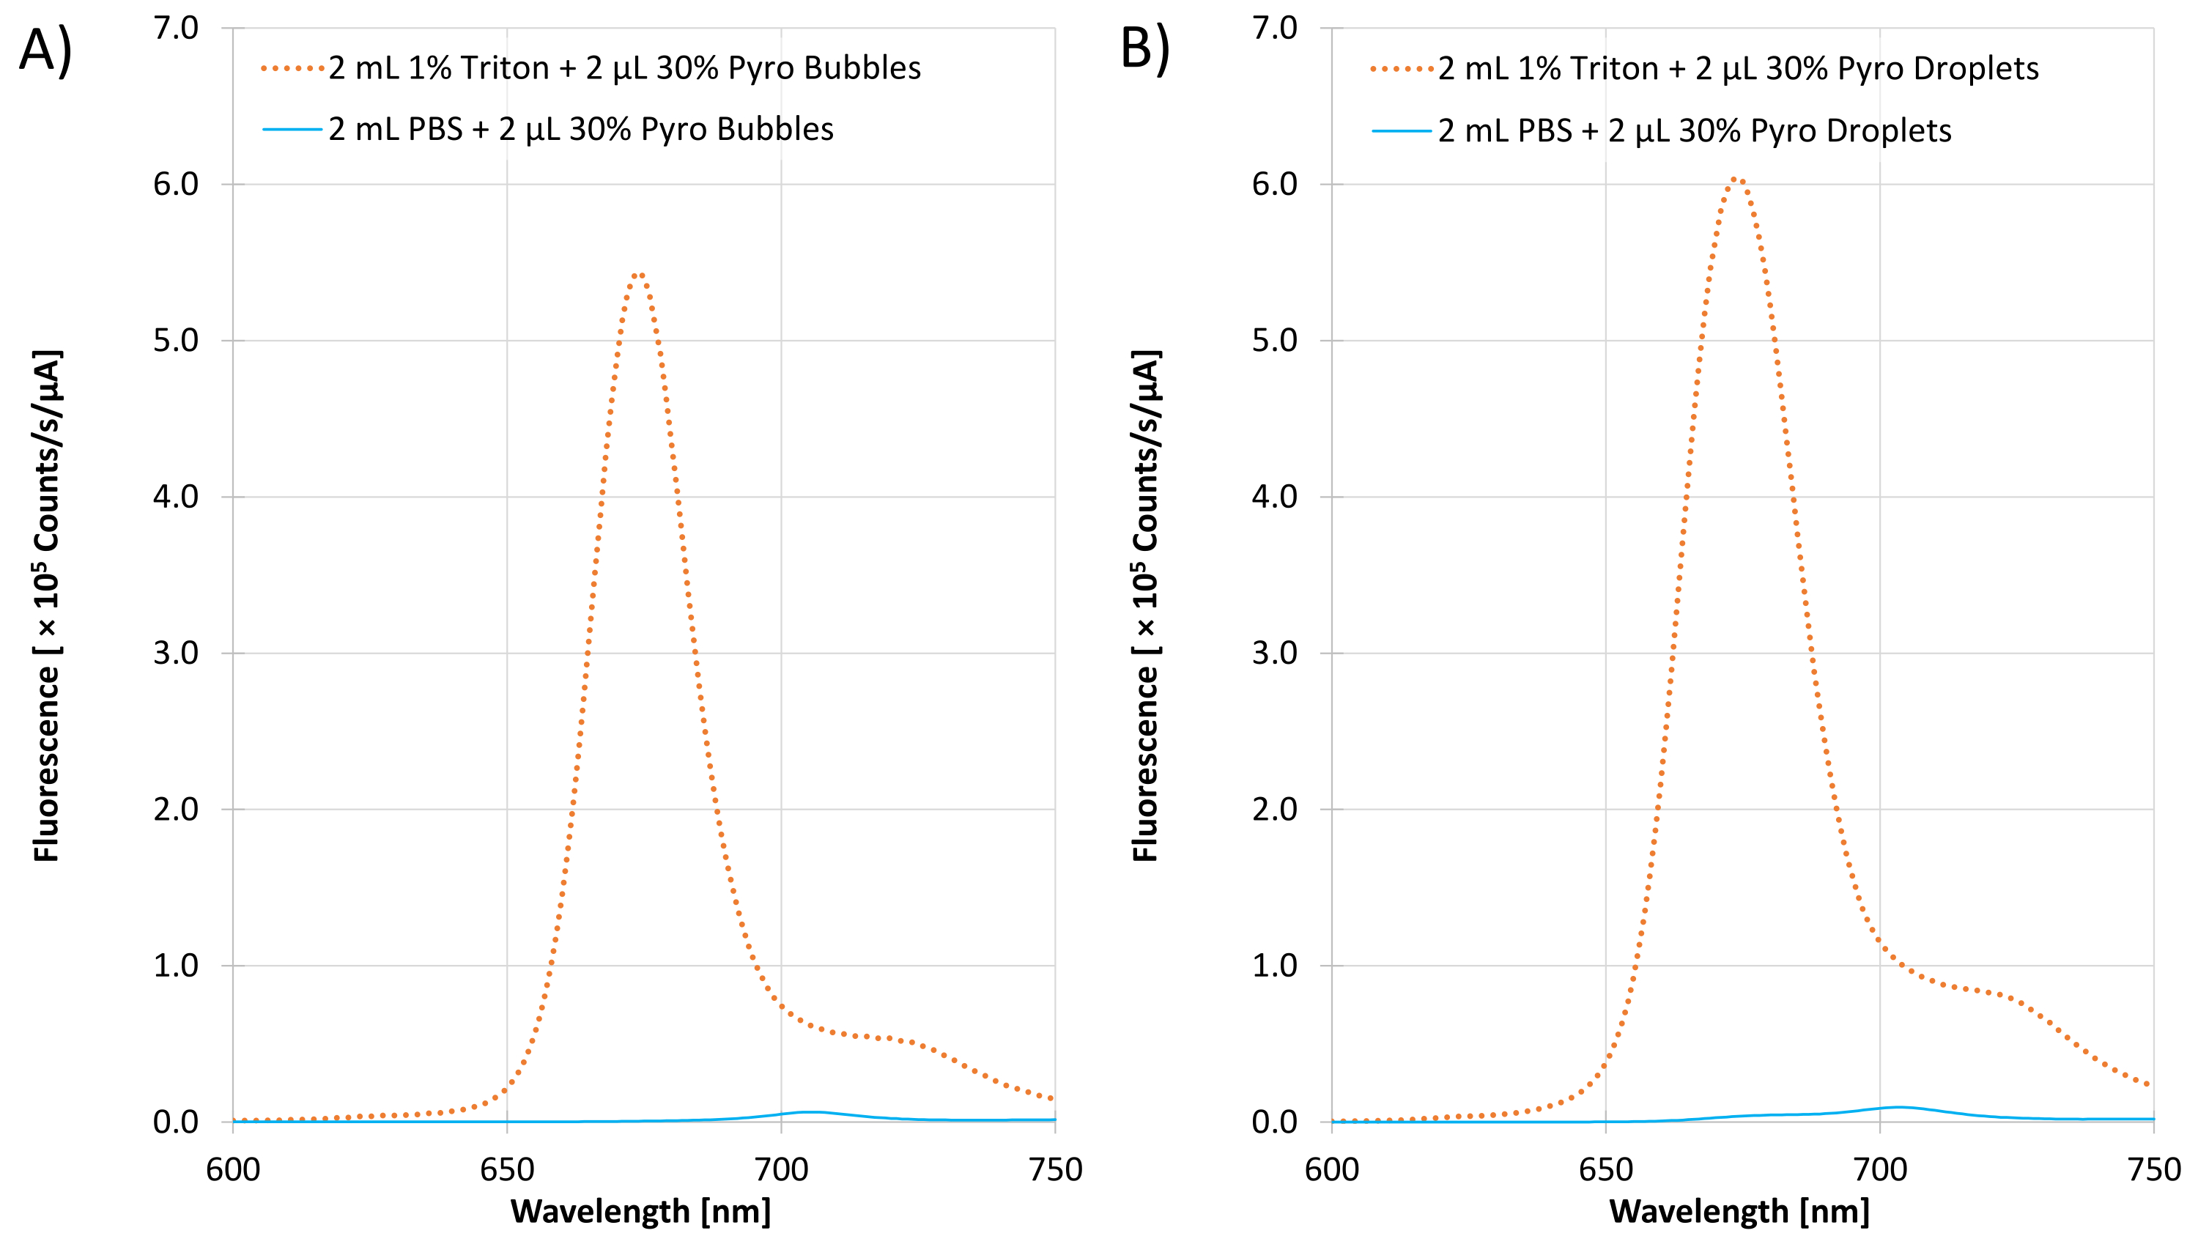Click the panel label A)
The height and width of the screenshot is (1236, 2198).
(x=46, y=51)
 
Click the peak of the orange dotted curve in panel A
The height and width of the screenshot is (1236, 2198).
(x=639, y=275)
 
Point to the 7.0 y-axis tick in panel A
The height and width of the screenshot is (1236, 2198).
(x=176, y=28)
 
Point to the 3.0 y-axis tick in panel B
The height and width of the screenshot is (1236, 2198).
(x=1275, y=654)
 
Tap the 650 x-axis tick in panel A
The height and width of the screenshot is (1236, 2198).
(x=507, y=1169)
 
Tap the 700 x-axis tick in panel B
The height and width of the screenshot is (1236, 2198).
(x=1881, y=1169)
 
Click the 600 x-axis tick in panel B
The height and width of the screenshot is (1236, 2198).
(x=1332, y=1169)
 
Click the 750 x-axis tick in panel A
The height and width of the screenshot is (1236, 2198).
(x=1056, y=1169)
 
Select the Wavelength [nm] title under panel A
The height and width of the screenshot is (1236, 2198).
(x=641, y=1211)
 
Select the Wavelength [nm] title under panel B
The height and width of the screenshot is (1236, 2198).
(x=1740, y=1211)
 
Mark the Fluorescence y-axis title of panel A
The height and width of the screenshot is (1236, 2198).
(x=47, y=606)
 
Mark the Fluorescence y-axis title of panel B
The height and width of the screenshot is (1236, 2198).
(x=1146, y=606)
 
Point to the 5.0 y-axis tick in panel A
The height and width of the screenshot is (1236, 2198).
(x=176, y=341)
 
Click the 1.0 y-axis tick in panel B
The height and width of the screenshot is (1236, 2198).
(x=1275, y=966)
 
